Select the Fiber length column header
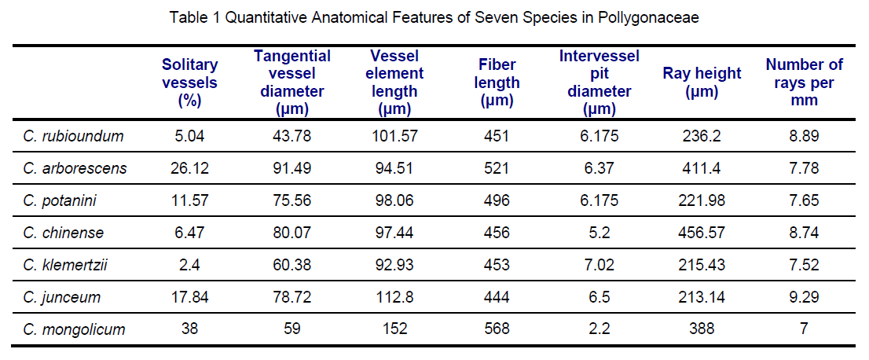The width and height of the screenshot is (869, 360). pyautogui.click(x=497, y=83)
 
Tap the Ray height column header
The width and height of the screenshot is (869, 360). pyautogui.click(x=702, y=83)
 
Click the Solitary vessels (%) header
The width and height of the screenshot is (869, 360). pyautogui.click(x=189, y=83)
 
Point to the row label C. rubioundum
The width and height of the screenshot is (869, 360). pyautogui.click(x=74, y=136)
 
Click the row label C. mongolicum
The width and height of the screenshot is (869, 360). pyautogui.click(x=75, y=329)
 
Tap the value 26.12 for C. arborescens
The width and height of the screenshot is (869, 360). pyautogui.click(x=189, y=168)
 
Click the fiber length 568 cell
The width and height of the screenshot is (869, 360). pyautogui.click(x=497, y=329)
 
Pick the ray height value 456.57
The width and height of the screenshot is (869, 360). pyautogui.click(x=702, y=233)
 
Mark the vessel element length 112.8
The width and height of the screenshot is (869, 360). pyautogui.click(x=396, y=297)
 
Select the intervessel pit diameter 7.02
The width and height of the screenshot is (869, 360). pyautogui.click(x=599, y=265)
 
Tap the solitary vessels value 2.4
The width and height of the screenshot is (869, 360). pyautogui.click(x=189, y=265)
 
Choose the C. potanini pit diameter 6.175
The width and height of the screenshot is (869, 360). pyautogui.click(x=599, y=200)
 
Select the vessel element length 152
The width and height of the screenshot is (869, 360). pyautogui.click(x=396, y=329)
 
